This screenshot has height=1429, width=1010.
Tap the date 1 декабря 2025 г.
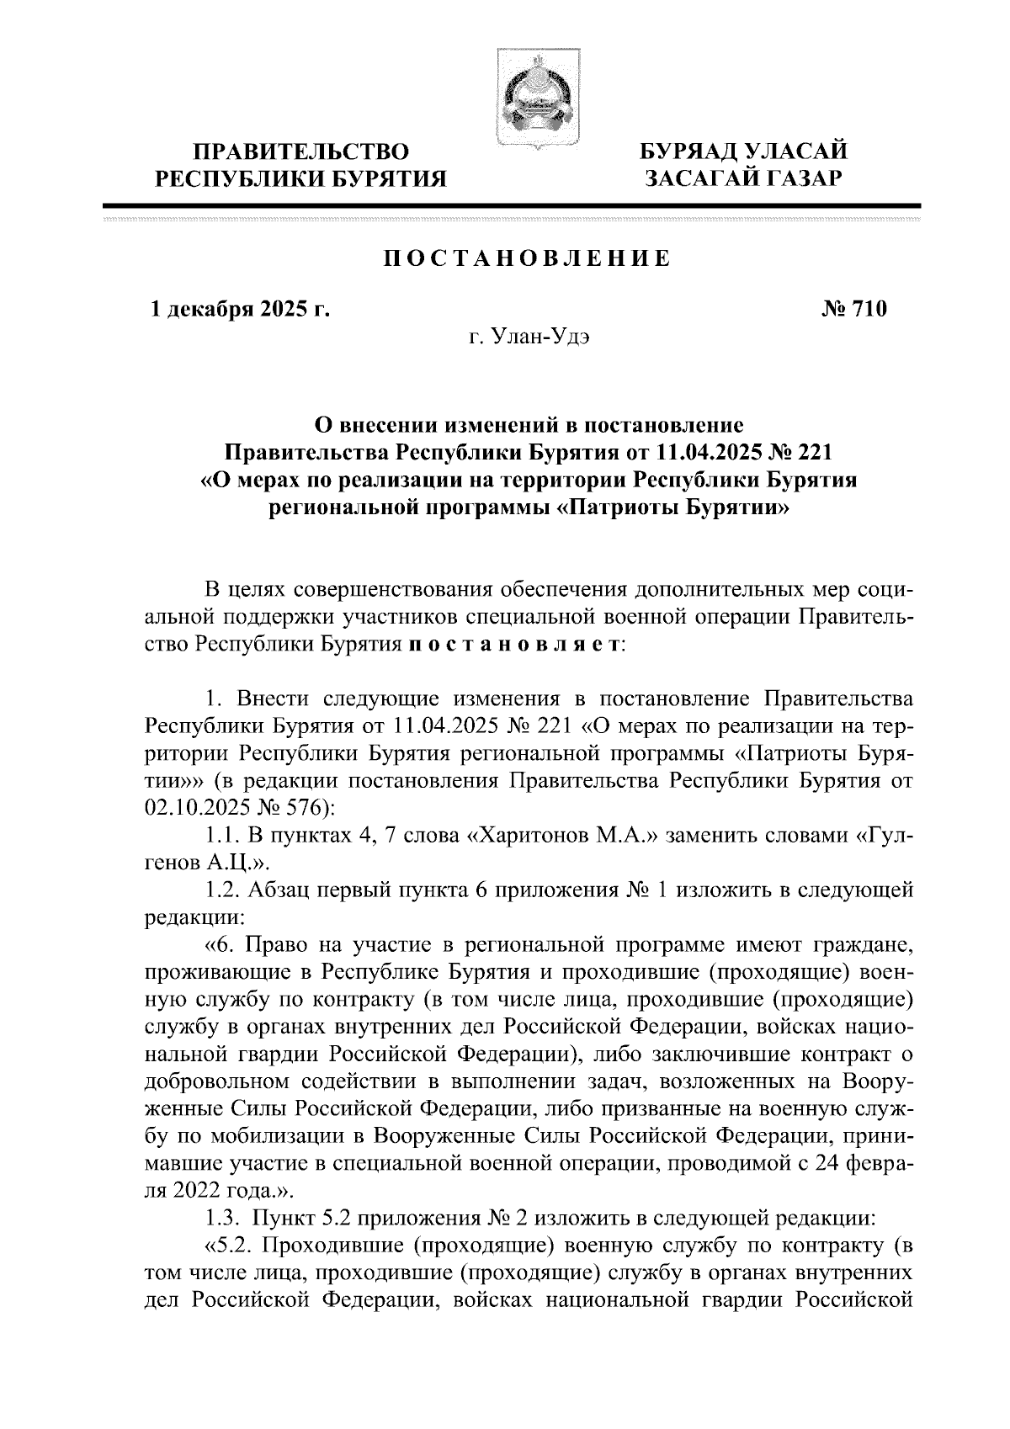239,310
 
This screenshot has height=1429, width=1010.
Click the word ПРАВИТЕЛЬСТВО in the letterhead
302,152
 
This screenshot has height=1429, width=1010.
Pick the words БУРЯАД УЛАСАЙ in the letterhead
743,152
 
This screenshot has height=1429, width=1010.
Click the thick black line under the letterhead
511,205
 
